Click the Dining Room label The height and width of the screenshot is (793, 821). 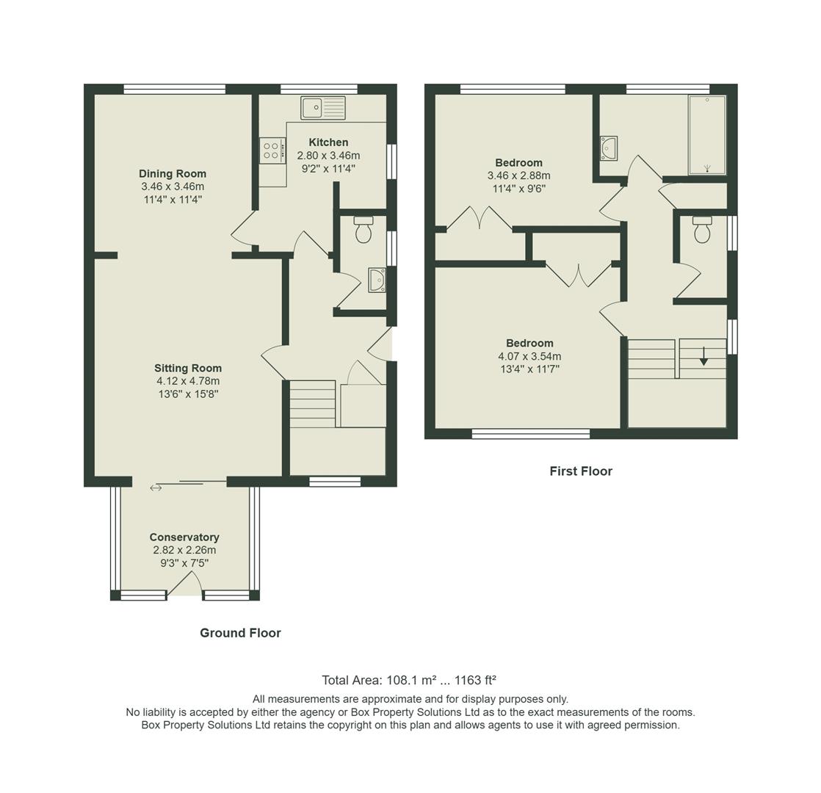click(x=173, y=174)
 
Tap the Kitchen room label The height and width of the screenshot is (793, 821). click(x=328, y=142)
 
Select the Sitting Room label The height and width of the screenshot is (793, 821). click(x=188, y=369)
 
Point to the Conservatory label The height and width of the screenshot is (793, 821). click(x=184, y=537)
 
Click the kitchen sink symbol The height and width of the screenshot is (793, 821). click(x=322, y=107)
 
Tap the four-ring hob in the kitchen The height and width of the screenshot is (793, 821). click(x=271, y=151)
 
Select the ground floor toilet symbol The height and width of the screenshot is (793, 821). click(x=363, y=230)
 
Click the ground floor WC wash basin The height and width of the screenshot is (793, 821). click(x=377, y=280)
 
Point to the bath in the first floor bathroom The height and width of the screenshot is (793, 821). click(x=706, y=135)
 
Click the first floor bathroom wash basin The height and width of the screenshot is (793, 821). click(x=608, y=148)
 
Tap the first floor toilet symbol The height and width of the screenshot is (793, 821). click(x=702, y=229)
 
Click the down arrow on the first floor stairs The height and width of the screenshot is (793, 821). click(x=704, y=356)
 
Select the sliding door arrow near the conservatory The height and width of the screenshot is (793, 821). click(x=156, y=488)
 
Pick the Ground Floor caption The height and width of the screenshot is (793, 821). click(x=240, y=633)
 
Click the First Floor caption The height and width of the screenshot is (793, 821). click(x=580, y=471)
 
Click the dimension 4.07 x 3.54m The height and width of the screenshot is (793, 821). click(x=529, y=357)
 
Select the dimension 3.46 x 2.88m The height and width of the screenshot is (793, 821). click(x=518, y=176)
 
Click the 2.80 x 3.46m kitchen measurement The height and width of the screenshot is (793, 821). click(x=328, y=156)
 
